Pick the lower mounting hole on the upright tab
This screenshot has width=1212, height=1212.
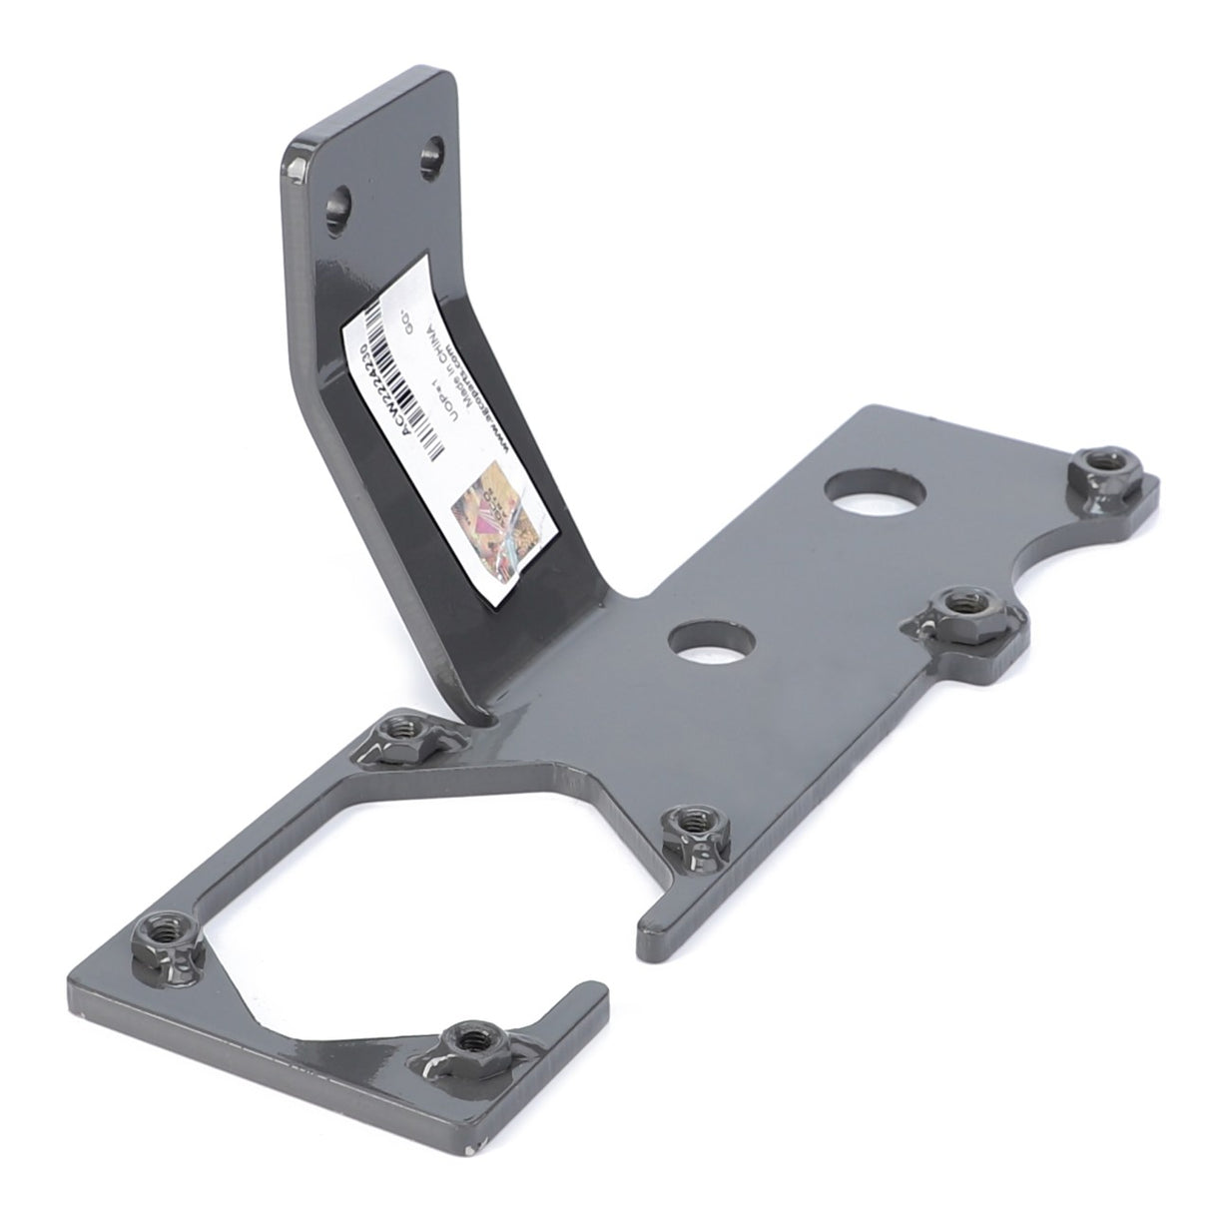point(339,205)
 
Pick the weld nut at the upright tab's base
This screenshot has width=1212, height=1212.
point(407,736)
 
